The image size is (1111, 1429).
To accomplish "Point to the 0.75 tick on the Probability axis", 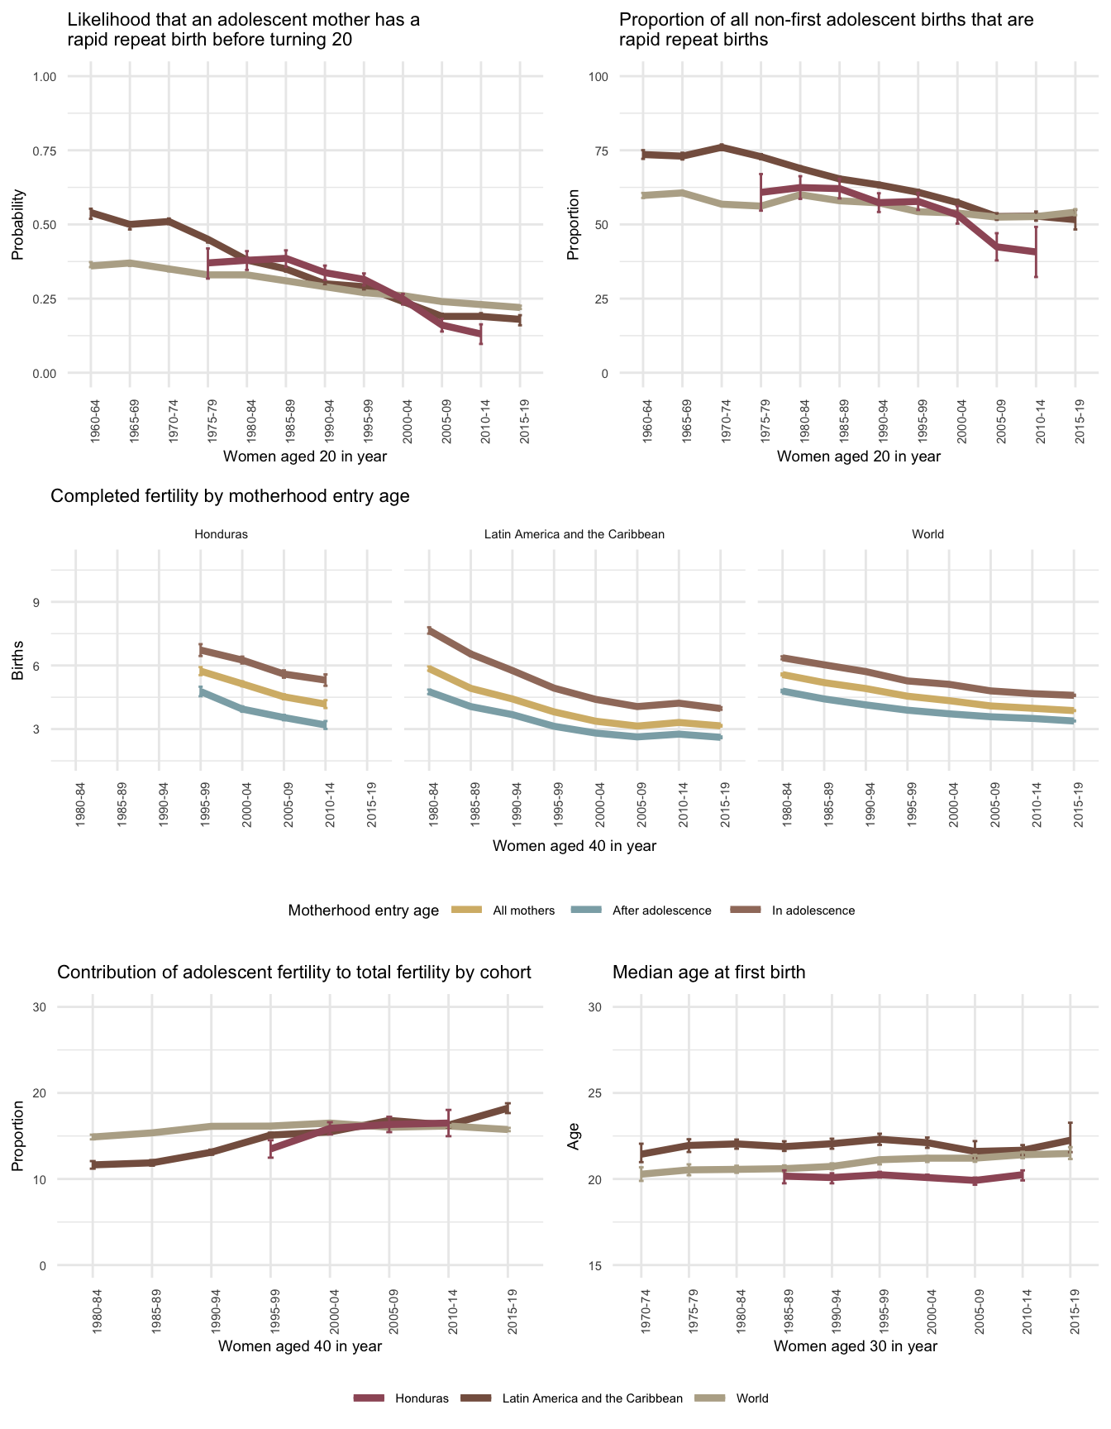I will tap(45, 151).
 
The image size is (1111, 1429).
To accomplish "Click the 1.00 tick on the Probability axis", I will tap(45, 77).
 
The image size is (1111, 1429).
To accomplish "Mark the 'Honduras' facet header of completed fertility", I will tap(221, 534).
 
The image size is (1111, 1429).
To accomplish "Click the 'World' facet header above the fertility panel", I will tap(927, 534).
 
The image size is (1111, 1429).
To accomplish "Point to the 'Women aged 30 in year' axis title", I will tap(856, 1345).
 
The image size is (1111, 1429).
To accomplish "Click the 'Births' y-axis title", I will tap(17, 665).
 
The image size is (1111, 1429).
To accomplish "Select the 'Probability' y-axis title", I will tap(17, 225).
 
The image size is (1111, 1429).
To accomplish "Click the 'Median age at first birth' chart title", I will tap(708, 973).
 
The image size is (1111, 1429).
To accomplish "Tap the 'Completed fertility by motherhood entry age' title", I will tap(230, 496).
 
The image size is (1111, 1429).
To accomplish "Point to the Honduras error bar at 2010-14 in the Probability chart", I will tap(480, 334).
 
